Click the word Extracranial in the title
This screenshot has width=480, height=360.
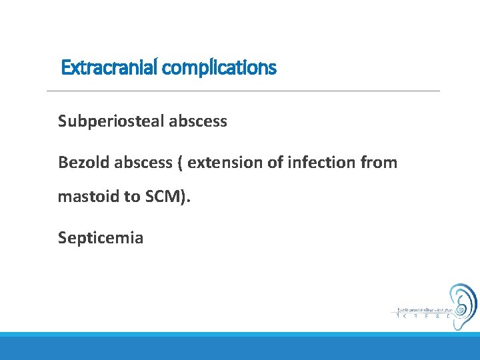pos(109,67)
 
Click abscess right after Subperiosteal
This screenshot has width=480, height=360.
pos(200,121)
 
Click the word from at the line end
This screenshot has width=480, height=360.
pos(379,163)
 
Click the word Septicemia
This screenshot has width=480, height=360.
pos(101,238)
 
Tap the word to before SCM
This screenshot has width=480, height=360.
pos(132,197)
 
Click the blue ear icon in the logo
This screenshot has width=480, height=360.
pos(462,306)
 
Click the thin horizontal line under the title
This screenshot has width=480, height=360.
pos(243,91)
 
